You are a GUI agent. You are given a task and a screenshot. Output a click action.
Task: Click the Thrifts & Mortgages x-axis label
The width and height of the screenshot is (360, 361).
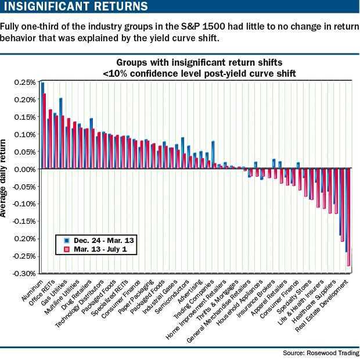pos(218,298)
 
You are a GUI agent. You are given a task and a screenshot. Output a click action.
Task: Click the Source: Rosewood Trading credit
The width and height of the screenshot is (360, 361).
pos(320,353)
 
